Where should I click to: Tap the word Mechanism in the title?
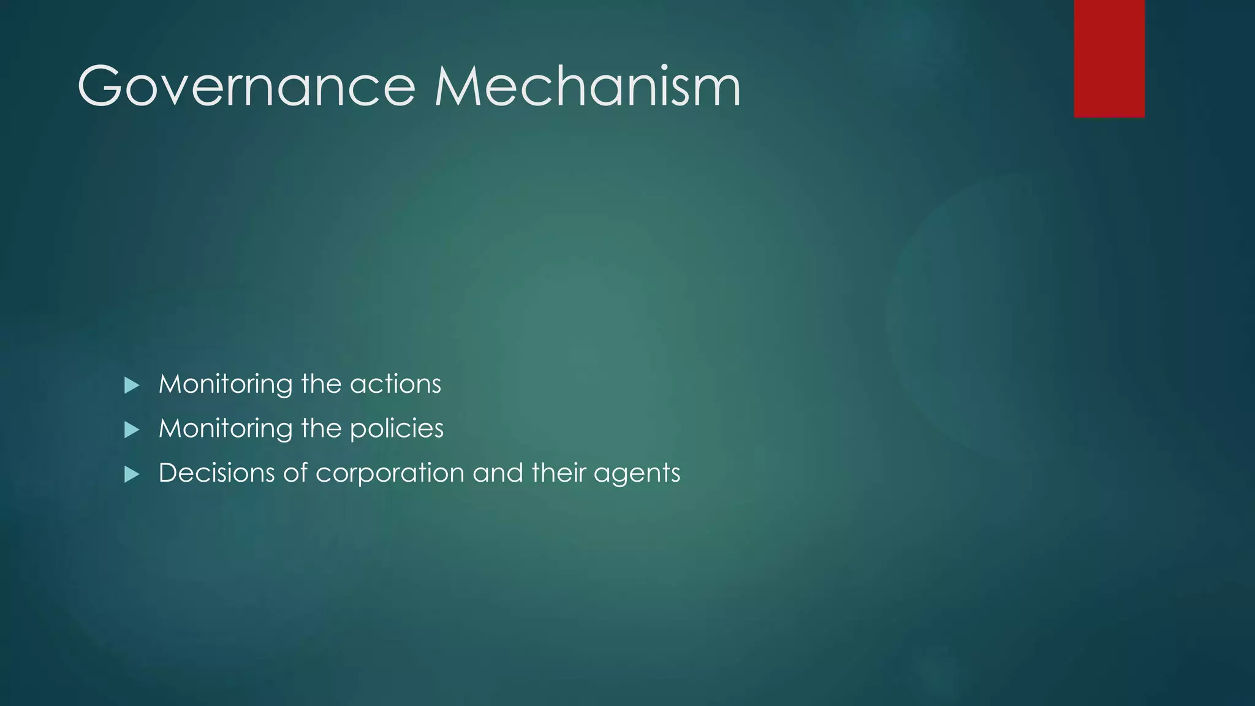click(588, 87)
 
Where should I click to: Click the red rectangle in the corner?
click(1109, 59)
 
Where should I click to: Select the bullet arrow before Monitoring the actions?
click(132, 385)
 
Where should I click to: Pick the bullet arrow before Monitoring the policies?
click(132, 430)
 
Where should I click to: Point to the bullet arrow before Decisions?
click(132, 474)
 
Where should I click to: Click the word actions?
click(395, 385)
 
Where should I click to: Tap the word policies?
click(396, 429)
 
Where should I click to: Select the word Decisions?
click(217, 473)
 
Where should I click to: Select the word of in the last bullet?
click(295, 473)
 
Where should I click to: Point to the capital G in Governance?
click(99, 87)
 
